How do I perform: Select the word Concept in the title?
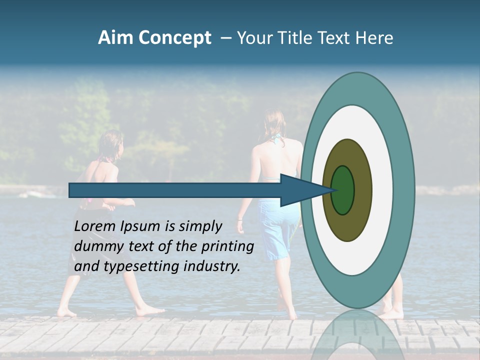pyautogui.click(x=175, y=38)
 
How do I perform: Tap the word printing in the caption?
pyautogui.click(x=227, y=247)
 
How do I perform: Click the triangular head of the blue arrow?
pyautogui.click(x=300, y=190)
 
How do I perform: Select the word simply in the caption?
pyautogui.click(x=200, y=227)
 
